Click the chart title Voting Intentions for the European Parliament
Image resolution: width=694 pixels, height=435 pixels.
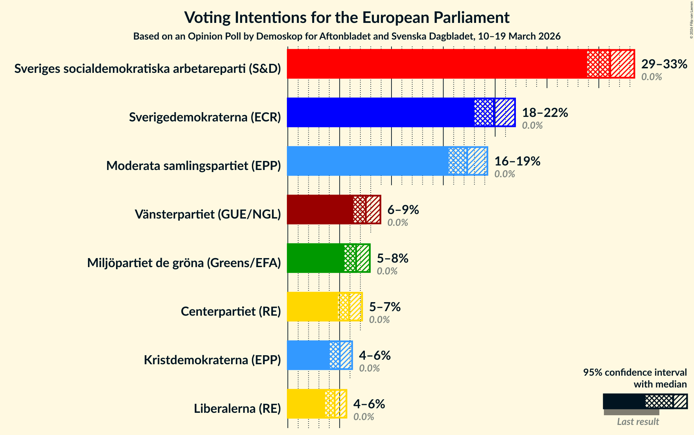(x=346, y=17)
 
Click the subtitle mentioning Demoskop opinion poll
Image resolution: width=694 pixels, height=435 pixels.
(x=346, y=36)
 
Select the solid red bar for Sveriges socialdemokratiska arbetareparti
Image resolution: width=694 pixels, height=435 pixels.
(x=437, y=64)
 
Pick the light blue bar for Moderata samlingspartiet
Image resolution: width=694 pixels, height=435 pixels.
(x=367, y=161)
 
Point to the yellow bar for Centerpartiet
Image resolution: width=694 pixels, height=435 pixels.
(x=312, y=307)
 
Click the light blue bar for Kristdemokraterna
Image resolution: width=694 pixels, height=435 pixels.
(x=308, y=355)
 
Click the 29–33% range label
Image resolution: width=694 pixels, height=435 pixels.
(x=664, y=64)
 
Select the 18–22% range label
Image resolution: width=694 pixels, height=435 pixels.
(x=545, y=113)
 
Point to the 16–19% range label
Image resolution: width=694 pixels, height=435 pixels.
(x=517, y=161)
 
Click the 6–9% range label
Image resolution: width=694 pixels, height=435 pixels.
(x=403, y=210)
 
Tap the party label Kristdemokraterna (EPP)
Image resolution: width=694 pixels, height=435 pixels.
(x=212, y=360)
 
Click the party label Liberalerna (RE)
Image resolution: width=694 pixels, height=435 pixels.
(x=237, y=409)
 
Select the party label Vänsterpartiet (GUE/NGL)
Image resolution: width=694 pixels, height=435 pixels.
(x=208, y=214)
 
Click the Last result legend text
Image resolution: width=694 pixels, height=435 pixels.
(x=638, y=421)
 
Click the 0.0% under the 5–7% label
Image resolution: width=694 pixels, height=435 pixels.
(x=379, y=319)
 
